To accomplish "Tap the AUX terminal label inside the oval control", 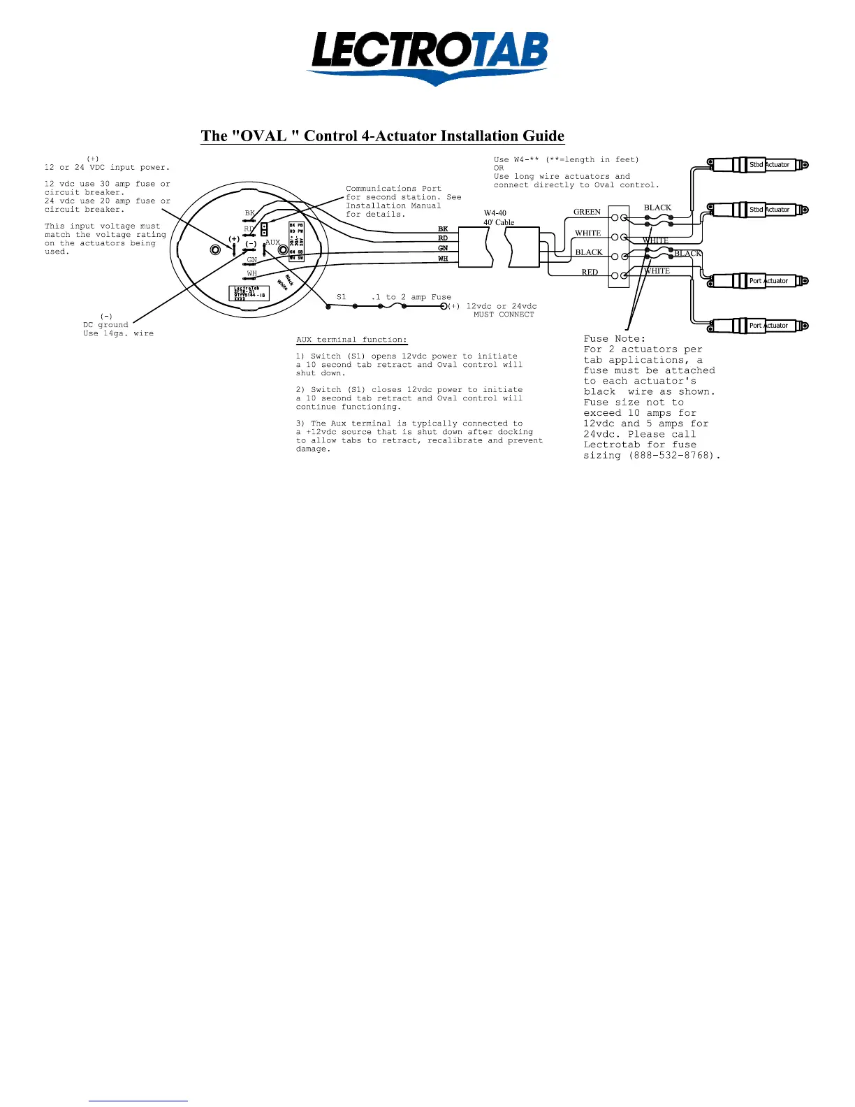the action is (x=272, y=243).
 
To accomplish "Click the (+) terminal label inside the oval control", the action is (x=233, y=239).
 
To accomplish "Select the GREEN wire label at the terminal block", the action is (x=587, y=212).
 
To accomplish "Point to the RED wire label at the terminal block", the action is (x=590, y=273).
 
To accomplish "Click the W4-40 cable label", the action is (x=495, y=213).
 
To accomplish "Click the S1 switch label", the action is (x=342, y=297).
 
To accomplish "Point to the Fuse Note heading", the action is (x=615, y=339).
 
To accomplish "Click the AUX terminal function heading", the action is (x=351, y=340).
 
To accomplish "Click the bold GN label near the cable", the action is (x=443, y=248).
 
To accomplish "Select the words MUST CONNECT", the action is (x=504, y=314).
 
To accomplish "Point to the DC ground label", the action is (x=105, y=325).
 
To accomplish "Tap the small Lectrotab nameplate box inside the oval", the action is (x=249, y=293).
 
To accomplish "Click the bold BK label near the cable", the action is (x=443, y=229).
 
